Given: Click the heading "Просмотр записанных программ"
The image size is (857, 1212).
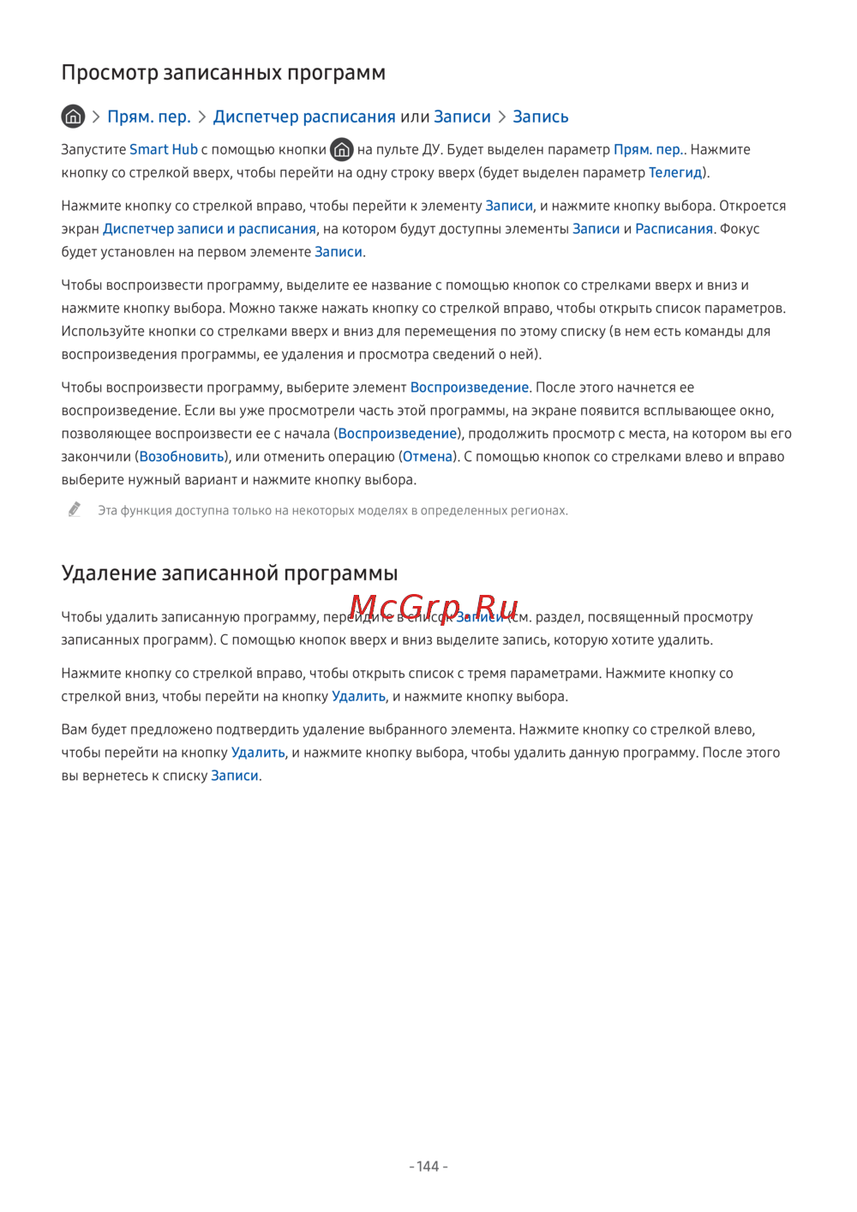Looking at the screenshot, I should click(x=223, y=73).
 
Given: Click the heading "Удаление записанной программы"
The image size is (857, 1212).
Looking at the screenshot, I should click(x=229, y=573).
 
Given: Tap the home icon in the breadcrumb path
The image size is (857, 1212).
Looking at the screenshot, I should click(x=73, y=116).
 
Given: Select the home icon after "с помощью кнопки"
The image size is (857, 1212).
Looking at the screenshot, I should click(x=341, y=150).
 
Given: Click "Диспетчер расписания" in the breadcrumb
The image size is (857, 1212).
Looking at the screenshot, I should click(x=304, y=117).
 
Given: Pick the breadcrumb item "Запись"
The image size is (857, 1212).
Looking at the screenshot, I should click(x=540, y=117).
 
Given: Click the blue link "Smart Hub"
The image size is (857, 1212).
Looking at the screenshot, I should click(x=163, y=150).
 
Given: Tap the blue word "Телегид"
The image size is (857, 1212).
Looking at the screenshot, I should click(x=675, y=172).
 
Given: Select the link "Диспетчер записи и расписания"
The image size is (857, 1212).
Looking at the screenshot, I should click(x=209, y=229).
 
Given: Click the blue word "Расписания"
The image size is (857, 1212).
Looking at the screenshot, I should click(x=674, y=229).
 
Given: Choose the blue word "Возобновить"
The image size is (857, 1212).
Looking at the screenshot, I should click(x=182, y=457).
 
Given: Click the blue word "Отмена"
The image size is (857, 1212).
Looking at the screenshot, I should click(x=427, y=457).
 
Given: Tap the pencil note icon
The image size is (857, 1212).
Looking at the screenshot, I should click(x=75, y=510).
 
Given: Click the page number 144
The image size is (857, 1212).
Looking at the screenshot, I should click(x=428, y=1167).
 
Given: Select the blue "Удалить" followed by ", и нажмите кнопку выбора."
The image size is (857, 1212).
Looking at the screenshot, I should click(x=358, y=697).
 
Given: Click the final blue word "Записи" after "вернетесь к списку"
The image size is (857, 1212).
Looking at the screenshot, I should click(x=234, y=776).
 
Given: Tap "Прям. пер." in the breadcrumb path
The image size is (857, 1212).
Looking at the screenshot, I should click(x=148, y=117).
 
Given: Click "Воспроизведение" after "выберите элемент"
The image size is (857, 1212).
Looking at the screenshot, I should click(x=470, y=387).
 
